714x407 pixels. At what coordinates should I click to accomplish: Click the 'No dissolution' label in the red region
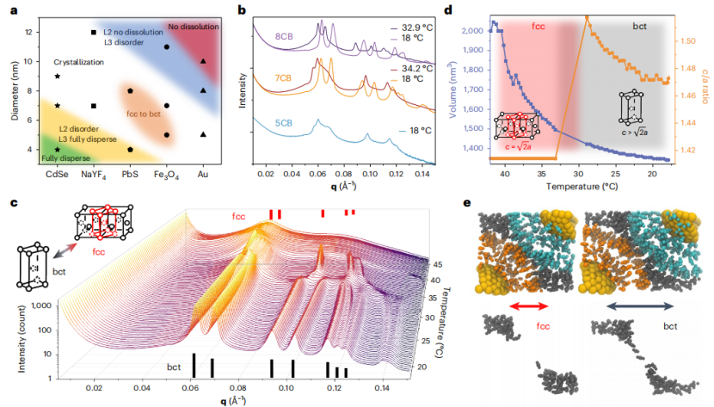(x=191, y=26)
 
